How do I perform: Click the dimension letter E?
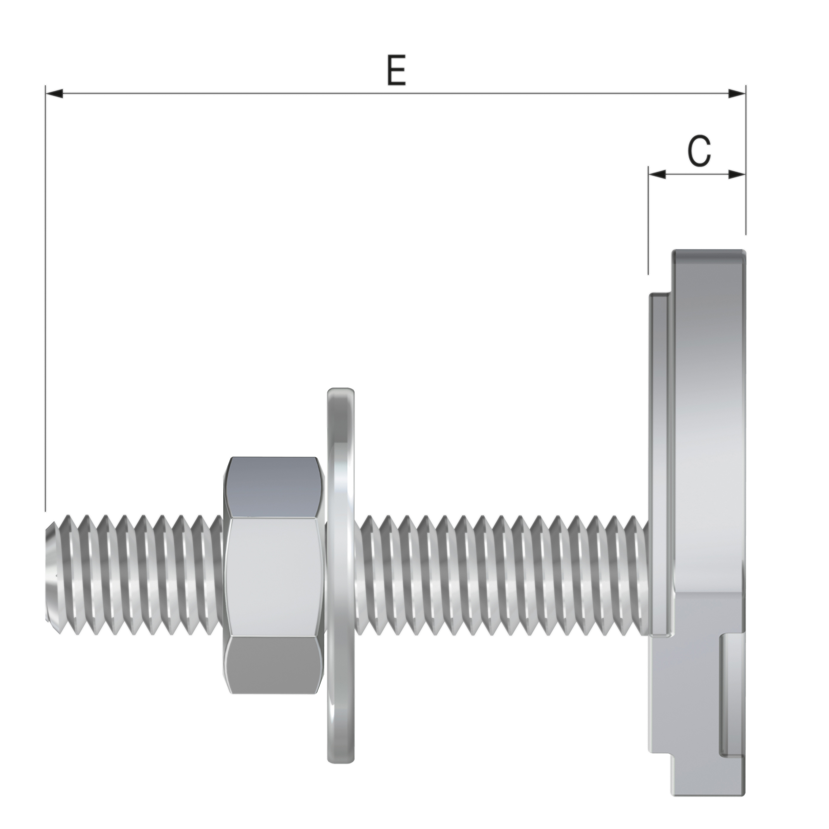click(x=396, y=70)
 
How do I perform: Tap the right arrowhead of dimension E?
click(x=736, y=94)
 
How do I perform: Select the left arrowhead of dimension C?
click(x=657, y=174)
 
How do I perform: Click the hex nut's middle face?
click(x=274, y=578)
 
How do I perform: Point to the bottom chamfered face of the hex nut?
click(x=274, y=669)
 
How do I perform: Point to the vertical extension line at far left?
click(x=45, y=300)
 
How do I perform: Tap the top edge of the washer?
click(x=341, y=391)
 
